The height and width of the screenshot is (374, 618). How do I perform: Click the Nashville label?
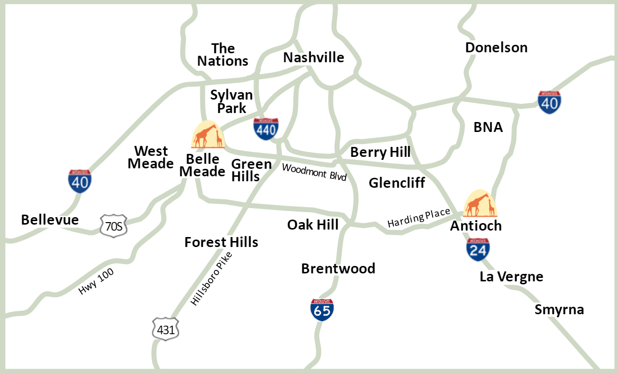[313, 57]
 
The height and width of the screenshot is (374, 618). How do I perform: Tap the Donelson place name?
[496, 47]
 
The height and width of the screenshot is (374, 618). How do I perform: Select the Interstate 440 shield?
[265, 129]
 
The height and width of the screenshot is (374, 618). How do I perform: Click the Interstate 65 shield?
[322, 310]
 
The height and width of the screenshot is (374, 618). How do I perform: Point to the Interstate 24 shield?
[478, 249]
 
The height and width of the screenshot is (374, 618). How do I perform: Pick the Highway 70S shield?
[114, 226]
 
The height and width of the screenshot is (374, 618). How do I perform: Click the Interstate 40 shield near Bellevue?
[80, 181]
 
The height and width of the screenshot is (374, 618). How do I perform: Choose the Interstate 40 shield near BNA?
[549, 102]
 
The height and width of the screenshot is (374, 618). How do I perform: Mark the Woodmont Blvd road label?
[314, 172]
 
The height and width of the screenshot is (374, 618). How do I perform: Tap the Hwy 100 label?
[96, 281]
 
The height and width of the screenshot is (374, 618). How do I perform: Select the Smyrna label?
[559, 310]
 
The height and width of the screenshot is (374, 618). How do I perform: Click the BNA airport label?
[488, 127]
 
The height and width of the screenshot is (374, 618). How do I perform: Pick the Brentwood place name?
[338, 268]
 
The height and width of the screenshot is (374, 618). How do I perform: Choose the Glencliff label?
[397, 183]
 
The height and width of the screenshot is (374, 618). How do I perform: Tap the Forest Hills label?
[221, 242]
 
